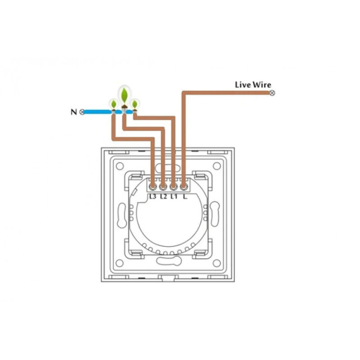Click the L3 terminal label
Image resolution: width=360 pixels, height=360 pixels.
153,197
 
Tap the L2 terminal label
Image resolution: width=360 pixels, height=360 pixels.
163,197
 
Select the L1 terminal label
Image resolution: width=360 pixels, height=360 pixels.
174,197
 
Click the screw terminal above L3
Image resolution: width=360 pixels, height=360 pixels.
152,187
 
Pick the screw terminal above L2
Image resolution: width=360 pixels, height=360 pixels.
163,187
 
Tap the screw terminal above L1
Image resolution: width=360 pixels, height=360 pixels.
173,187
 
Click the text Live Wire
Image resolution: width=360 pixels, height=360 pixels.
253,85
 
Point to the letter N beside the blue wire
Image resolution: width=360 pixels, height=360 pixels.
74,112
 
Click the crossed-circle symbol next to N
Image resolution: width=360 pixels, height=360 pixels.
81,112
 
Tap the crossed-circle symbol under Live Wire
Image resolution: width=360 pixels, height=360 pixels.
272,93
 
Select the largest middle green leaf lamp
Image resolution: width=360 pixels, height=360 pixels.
124,97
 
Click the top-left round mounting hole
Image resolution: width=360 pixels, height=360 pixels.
120,166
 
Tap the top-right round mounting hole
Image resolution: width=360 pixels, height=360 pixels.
216,166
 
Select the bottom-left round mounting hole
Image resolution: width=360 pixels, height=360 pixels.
120,263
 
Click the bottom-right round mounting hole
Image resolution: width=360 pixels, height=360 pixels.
216,263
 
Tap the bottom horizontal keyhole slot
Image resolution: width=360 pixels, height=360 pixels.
169,261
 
